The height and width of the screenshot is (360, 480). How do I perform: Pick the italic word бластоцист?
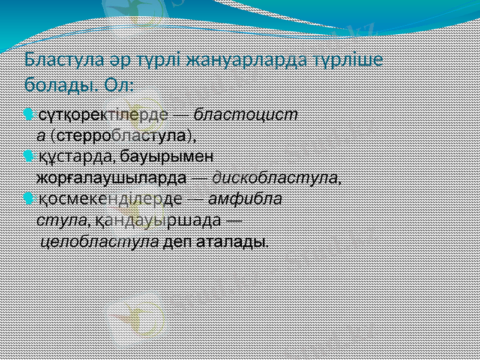[x=245, y=115]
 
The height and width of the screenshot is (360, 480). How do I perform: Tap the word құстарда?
[x=77, y=157]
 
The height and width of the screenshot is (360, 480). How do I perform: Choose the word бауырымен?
[x=167, y=157]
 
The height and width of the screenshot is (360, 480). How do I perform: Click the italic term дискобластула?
[x=275, y=178]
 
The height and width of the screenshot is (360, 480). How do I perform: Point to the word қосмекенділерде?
[x=110, y=199]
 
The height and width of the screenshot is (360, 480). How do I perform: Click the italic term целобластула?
[x=98, y=242]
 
